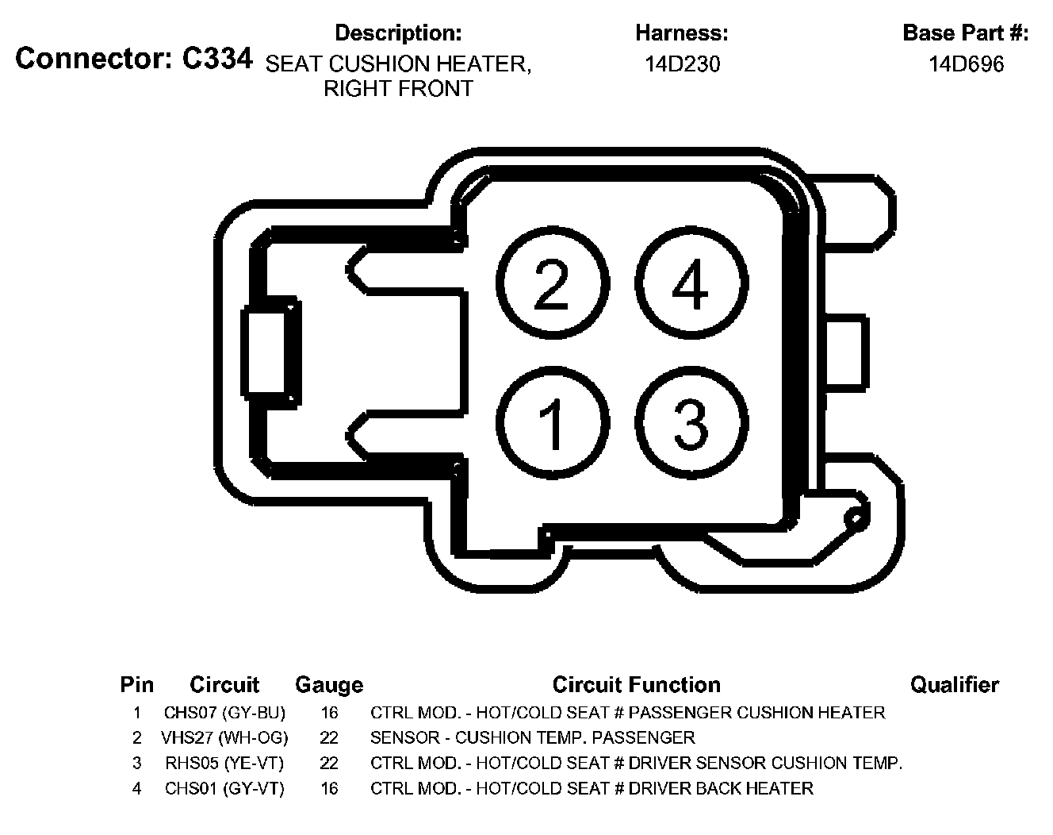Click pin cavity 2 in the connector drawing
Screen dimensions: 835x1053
(x=553, y=283)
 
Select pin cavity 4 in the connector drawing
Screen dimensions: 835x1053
(x=691, y=283)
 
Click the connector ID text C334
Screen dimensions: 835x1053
(x=218, y=59)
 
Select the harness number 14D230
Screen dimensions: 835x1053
(x=682, y=64)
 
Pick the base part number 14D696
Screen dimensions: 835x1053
(x=966, y=64)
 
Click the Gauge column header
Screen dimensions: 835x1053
(x=329, y=684)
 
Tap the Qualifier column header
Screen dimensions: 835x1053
(x=954, y=684)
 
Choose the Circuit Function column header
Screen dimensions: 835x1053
(x=636, y=684)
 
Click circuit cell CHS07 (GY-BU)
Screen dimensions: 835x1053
(x=224, y=713)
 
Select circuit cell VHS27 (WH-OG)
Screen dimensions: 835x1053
(x=224, y=738)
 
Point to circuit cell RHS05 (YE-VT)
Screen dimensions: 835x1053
(x=224, y=764)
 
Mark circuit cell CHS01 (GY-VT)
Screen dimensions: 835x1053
(x=224, y=789)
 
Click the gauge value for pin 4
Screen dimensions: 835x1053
(x=329, y=789)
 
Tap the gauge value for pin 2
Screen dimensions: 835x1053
(x=329, y=738)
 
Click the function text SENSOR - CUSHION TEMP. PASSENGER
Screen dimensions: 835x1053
(x=532, y=738)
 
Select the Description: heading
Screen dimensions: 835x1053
(x=398, y=33)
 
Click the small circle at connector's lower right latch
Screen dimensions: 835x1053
(x=855, y=520)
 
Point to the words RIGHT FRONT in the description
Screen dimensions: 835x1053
(x=398, y=89)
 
